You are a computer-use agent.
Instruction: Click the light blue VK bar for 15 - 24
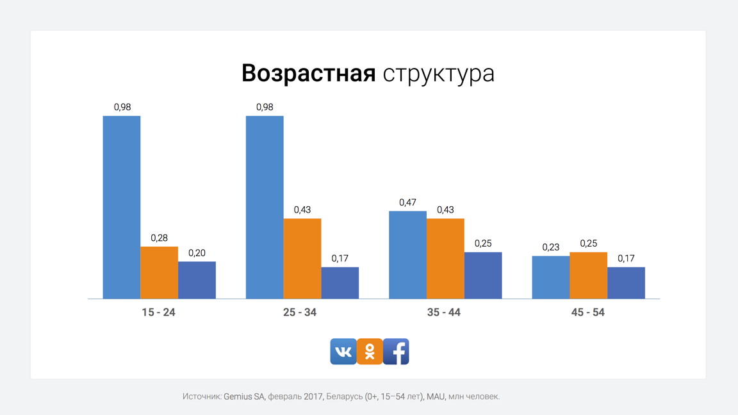click(x=122, y=207)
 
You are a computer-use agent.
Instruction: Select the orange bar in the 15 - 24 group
click(x=160, y=273)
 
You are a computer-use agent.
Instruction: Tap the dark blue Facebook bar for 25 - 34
click(x=340, y=283)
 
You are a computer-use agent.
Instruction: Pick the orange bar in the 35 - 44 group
click(x=445, y=259)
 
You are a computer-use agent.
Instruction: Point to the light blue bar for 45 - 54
click(x=551, y=277)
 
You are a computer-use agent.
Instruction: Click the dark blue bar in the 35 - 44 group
click(x=483, y=275)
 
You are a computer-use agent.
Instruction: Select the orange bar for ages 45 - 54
click(x=589, y=275)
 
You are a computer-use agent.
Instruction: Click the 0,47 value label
click(x=407, y=202)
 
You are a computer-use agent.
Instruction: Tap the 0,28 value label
click(x=160, y=238)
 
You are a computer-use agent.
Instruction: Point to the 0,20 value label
click(x=197, y=253)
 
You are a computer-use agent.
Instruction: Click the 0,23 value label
click(x=551, y=247)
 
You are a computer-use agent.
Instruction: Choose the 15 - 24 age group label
click(x=159, y=313)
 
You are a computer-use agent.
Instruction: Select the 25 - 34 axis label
click(x=300, y=313)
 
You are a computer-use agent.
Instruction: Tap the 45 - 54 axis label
click(x=588, y=313)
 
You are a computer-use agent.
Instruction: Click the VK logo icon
click(x=343, y=352)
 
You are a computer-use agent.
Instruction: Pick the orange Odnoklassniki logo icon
click(x=370, y=352)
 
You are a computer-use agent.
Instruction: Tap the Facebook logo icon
click(x=396, y=352)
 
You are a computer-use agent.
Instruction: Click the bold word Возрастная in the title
click(x=308, y=73)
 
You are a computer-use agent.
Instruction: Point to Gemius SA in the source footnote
click(x=244, y=396)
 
